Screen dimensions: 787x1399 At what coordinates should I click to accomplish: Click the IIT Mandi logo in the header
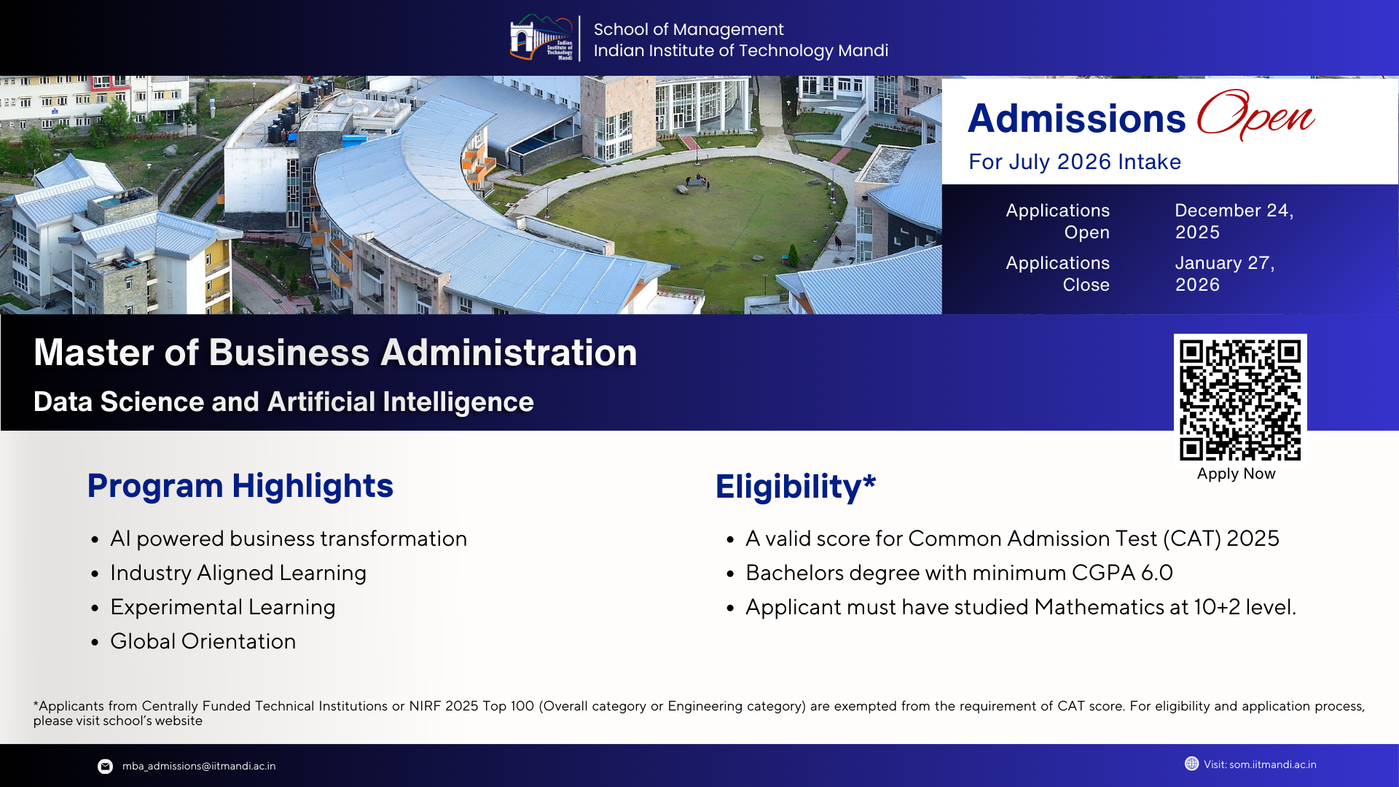542,38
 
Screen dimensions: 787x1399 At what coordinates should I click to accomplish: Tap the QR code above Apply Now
1240,399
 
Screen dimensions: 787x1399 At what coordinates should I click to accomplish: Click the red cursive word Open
1255,115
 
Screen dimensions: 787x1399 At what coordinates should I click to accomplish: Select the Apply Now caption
1236,474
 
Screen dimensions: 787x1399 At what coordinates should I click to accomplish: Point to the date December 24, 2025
1234,221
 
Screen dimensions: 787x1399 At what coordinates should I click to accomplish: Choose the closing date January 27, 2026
1224,273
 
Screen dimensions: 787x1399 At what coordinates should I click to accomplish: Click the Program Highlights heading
240,486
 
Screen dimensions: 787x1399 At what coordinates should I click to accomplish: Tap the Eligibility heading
795,487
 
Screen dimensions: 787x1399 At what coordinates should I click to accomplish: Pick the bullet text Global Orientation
203,641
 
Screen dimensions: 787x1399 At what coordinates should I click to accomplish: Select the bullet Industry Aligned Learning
238,573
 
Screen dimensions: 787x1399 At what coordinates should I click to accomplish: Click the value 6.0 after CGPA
1157,573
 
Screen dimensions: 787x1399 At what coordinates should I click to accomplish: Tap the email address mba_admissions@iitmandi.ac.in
198,766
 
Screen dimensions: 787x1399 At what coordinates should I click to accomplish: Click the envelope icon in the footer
106,766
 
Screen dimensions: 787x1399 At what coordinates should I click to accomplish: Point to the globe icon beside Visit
1191,764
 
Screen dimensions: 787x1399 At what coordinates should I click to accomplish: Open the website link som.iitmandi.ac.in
1272,764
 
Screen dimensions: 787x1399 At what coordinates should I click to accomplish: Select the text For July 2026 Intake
1074,162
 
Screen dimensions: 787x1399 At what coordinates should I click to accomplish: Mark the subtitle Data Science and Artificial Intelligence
283,402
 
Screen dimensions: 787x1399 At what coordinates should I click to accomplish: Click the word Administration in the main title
509,353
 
